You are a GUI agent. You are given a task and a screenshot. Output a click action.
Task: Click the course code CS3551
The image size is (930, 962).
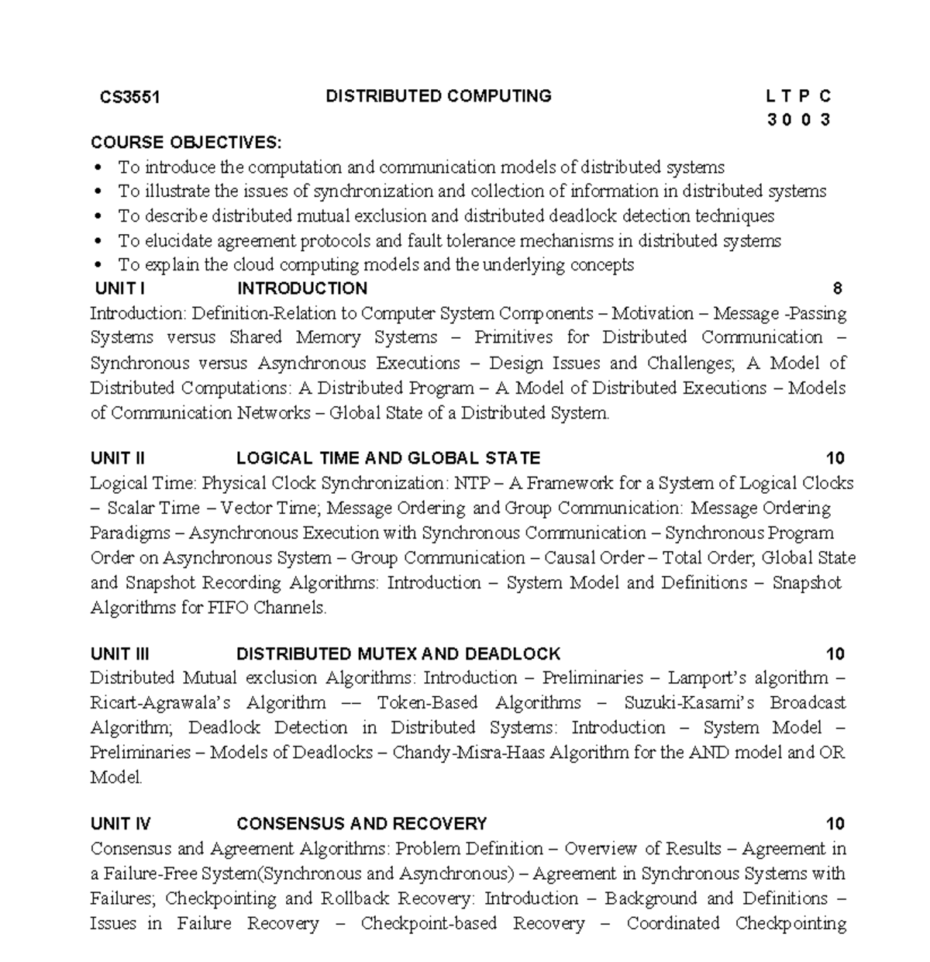(129, 97)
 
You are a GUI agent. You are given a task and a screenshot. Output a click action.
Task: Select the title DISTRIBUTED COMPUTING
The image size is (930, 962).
(438, 96)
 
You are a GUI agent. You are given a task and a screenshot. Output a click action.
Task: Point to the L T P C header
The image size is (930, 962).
(797, 97)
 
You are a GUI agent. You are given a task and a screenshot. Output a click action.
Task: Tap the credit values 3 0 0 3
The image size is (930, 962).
(799, 119)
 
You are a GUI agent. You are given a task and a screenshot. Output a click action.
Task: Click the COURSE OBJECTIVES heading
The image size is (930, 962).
(186, 143)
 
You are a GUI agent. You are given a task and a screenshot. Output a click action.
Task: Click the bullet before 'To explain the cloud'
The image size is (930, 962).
(98, 265)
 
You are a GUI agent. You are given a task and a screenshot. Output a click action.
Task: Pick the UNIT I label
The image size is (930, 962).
(119, 288)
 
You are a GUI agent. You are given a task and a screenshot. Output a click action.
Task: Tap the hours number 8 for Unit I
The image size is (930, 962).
(837, 288)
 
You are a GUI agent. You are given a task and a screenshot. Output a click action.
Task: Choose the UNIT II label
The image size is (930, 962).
(118, 458)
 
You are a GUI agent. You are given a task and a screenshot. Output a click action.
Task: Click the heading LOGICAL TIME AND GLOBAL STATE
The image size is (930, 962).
(387, 458)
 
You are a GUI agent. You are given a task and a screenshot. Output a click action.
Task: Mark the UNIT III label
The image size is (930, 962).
(119, 653)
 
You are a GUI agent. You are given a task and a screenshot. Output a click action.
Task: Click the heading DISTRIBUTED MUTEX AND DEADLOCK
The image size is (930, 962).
(398, 653)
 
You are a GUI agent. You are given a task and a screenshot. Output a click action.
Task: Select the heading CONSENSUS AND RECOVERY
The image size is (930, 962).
(361, 823)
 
